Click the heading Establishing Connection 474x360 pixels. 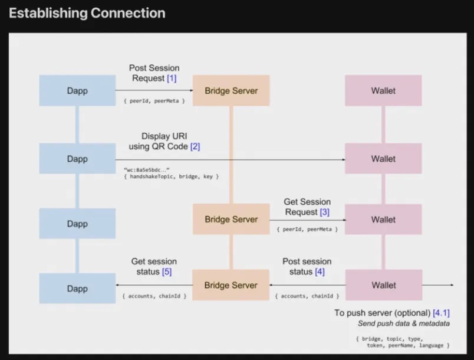[87, 13]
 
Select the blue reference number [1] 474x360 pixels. [172, 78]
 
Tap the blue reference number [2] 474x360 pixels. [195, 146]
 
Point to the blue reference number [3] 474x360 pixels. [325, 212]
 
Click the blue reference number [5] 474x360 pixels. [167, 271]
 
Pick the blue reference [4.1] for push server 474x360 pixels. [441, 313]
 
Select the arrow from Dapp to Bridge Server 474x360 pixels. [154, 91]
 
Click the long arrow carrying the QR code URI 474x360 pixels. [230, 159]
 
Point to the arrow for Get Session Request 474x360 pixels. [307, 219]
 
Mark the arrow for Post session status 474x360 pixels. [307, 285]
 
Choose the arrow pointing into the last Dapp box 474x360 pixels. [154, 285]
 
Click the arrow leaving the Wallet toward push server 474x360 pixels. [437, 285]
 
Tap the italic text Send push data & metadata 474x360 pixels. [404, 323]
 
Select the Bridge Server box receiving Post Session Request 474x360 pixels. [231, 91]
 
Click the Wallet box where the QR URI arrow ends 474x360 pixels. [383, 159]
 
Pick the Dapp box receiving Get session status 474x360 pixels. [77, 289]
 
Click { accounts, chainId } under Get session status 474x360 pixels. [154, 296]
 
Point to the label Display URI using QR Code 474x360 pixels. [164, 141]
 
